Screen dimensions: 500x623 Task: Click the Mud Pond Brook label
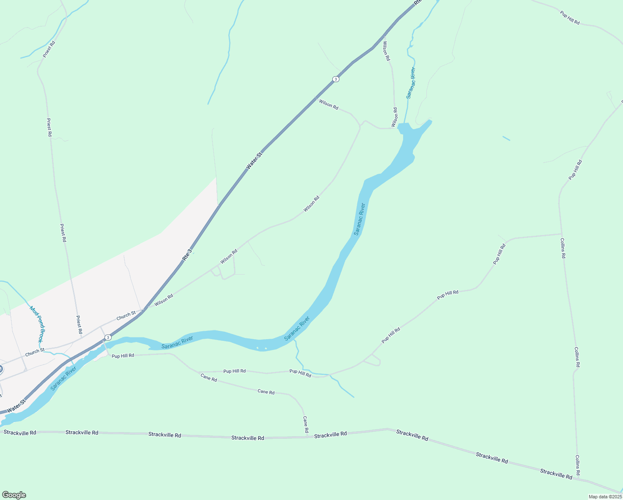point(37,324)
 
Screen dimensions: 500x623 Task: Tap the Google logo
point(14,495)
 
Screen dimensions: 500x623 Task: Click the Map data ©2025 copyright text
point(605,497)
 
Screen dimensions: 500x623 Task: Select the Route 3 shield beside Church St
point(108,337)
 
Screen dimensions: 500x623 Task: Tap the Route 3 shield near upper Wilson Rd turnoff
point(336,79)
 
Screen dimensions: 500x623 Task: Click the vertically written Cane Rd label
point(306,424)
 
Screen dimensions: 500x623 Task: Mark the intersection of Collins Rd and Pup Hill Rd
point(561,234)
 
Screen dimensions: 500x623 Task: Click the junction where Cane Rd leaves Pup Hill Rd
point(198,372)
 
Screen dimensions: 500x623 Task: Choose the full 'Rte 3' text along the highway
point(187,255)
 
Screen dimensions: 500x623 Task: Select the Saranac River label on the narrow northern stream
point(411,82)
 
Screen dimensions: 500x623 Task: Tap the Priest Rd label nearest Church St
point(79,325)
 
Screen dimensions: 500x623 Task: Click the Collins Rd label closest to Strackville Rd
point(578,465)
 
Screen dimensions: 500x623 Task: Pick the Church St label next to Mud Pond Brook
point(35,352)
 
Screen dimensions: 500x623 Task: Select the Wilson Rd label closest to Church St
point(164,300)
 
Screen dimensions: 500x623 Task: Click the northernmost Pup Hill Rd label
point(570,18)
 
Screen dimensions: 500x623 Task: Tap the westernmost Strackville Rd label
point(20,432)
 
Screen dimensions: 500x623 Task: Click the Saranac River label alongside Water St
point(63,378)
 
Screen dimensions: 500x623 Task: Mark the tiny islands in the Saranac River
point(262,348)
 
